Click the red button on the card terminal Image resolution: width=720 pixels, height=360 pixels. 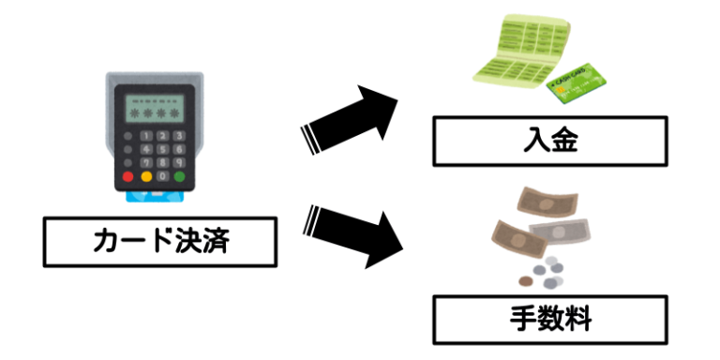(128, 175)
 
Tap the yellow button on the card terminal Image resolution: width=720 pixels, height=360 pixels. (146, 175)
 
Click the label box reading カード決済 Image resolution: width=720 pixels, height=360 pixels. (160, 241)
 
